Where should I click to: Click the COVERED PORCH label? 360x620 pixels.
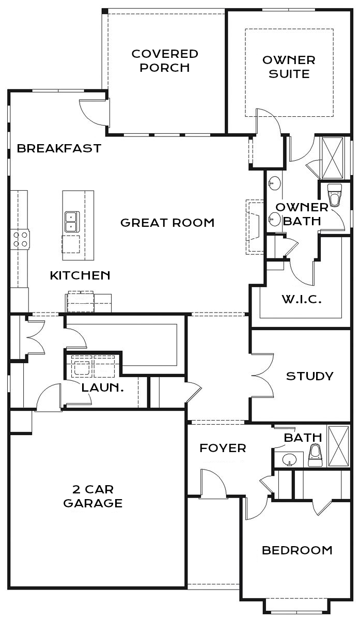(x=165, y=61)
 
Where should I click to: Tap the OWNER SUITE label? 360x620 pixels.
(x=289, y=67)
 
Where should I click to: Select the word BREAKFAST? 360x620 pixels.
(x=59, y=148)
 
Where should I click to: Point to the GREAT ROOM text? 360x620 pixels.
(x=167, y=223)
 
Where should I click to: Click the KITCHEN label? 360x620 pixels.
(x=80, y=275)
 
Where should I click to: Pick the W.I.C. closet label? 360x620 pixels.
(x=302, y=299)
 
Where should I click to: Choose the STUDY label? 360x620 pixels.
(x=309, y=376)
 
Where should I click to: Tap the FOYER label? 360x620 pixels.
(x=223, y=448)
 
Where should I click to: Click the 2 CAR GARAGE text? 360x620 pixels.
(x=93, y=497)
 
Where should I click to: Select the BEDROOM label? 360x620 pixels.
(x=297, y=550)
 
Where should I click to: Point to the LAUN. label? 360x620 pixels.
(x=102, y=388)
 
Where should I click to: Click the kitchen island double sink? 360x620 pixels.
(x=72, y=222)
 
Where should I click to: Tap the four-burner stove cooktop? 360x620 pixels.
(x=20, y=239)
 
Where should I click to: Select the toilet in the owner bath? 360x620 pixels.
(x=335, y=195)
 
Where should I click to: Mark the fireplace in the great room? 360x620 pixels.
(x=255, y=227)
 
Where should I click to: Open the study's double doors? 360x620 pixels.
(x=262, y=376)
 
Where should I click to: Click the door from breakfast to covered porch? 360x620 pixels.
(x=94, y=113)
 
